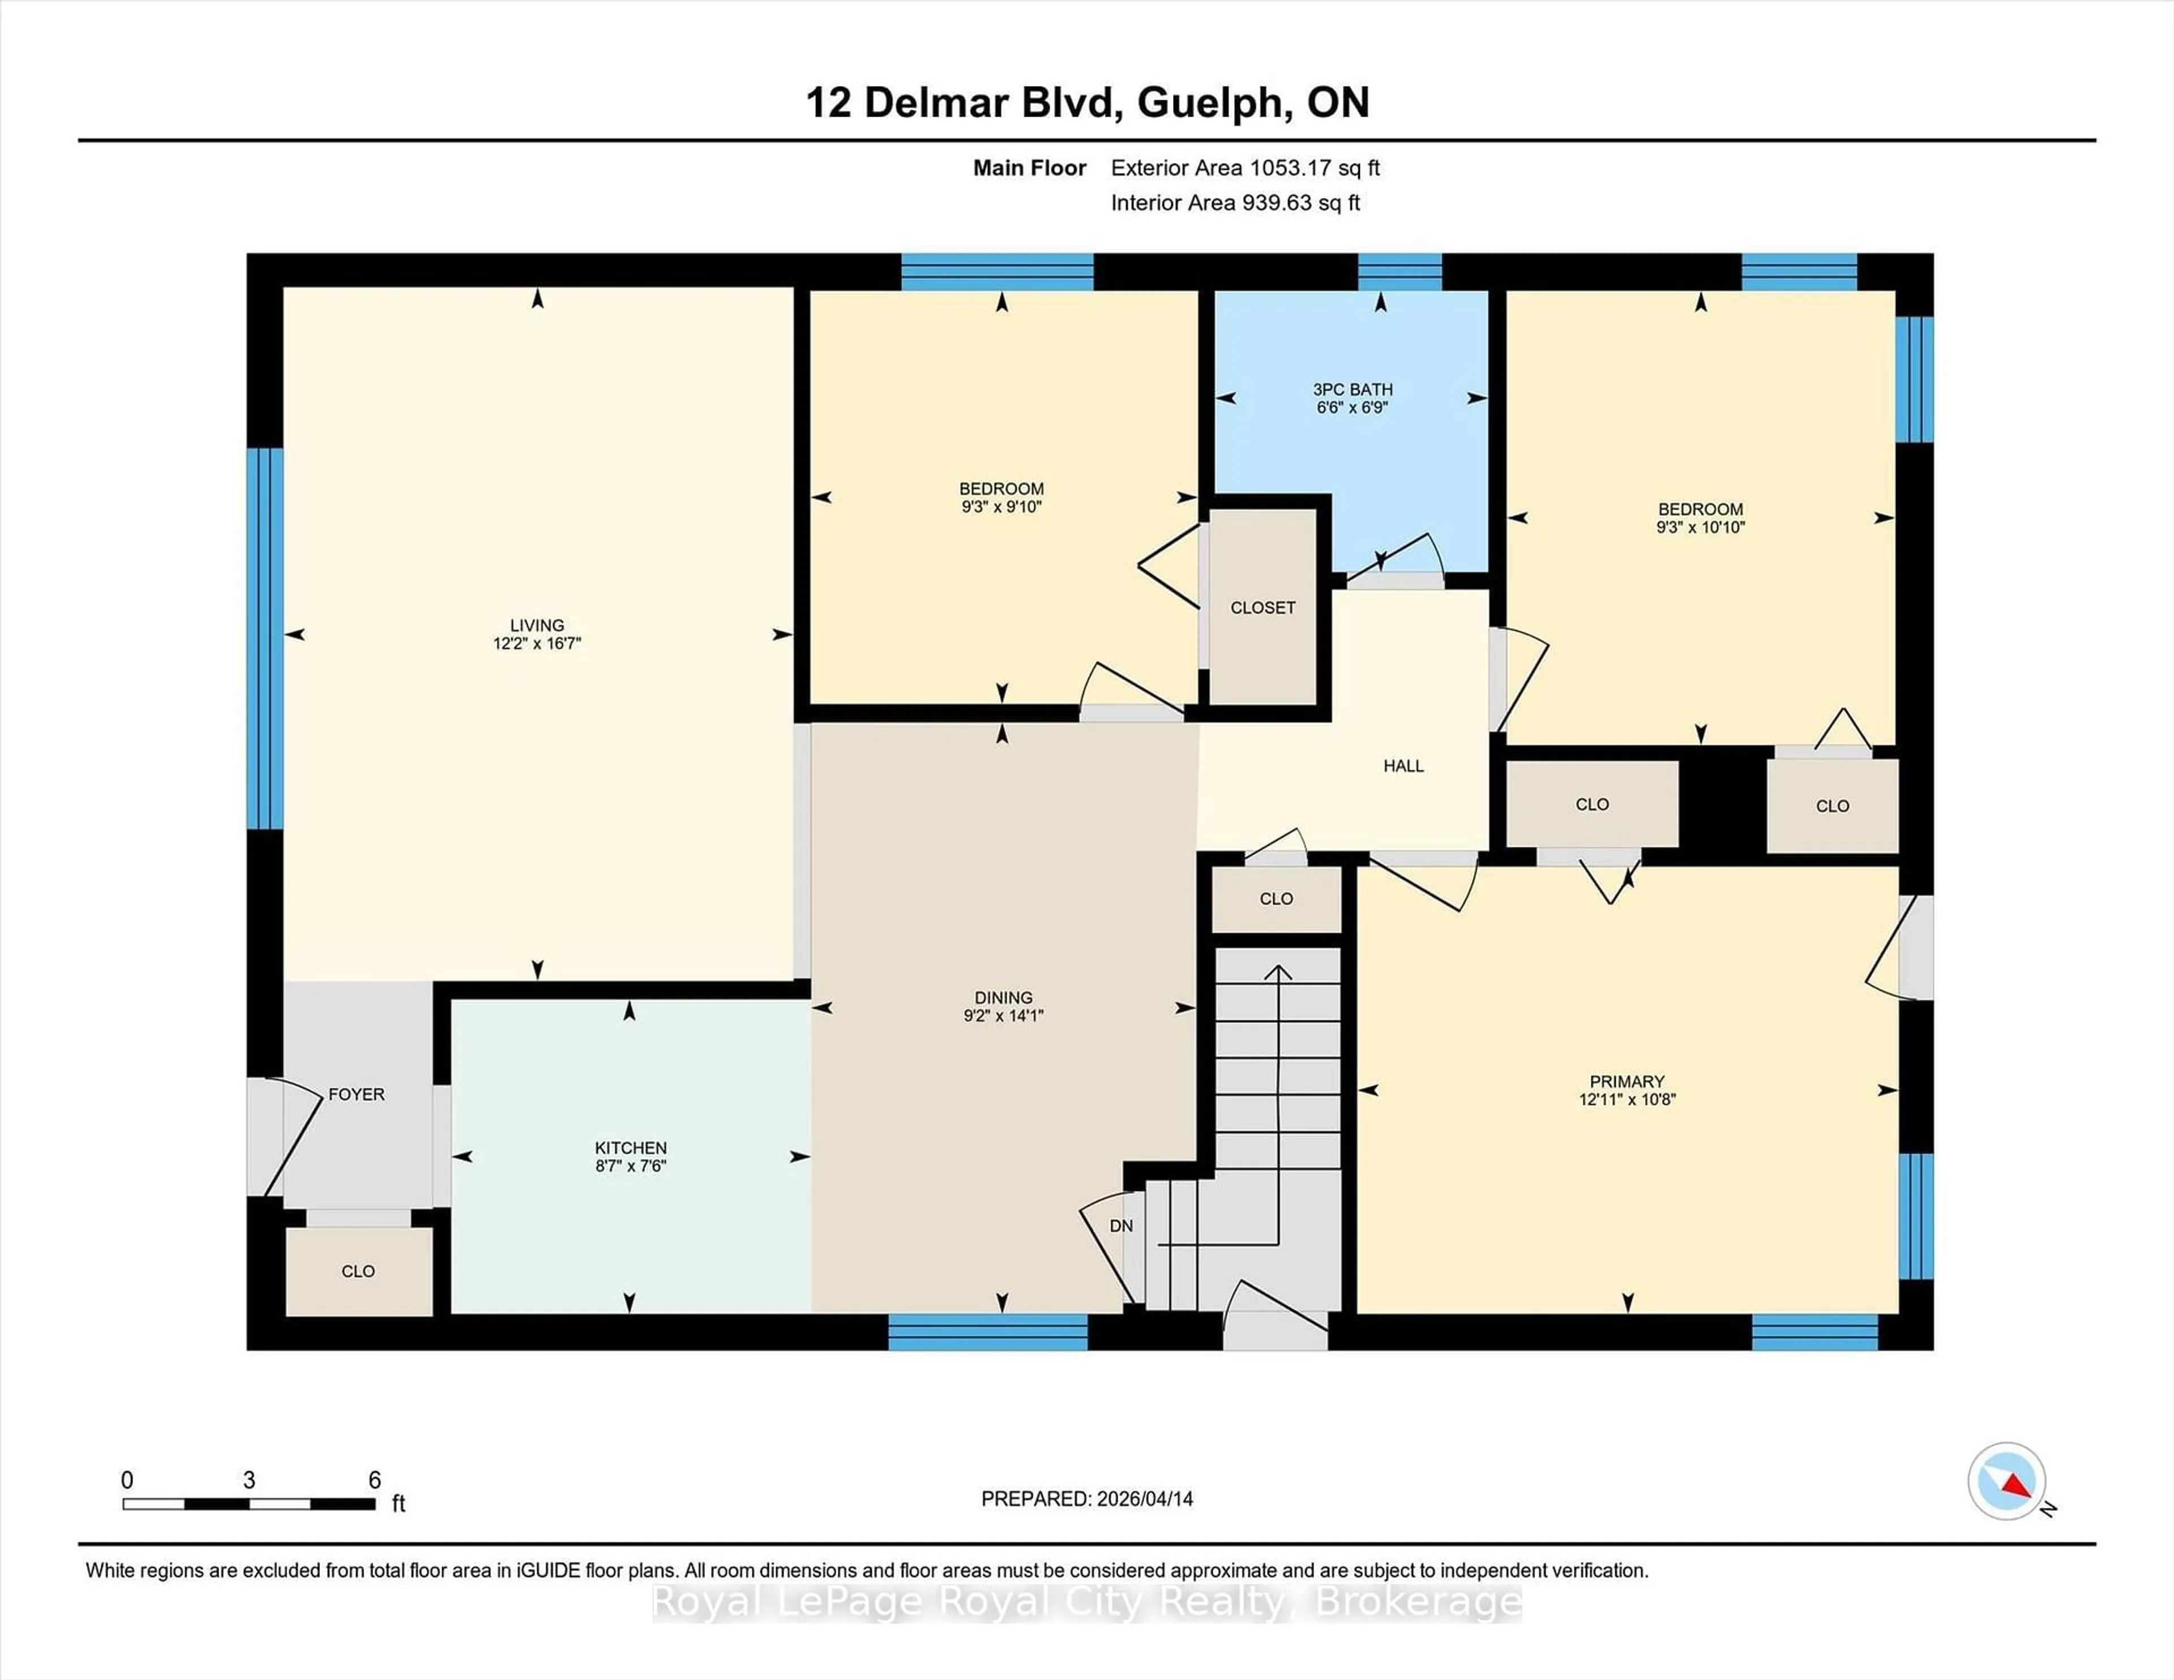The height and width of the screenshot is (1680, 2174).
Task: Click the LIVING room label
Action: [537, 625]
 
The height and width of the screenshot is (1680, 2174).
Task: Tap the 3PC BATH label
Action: [1352, 389]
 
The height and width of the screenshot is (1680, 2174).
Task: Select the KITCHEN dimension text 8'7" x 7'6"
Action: [630, 1165]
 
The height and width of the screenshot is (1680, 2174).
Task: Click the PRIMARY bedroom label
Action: [1627, 1081]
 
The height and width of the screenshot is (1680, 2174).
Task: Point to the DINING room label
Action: [1003, 997]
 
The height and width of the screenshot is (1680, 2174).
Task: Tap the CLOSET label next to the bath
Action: [1262, 607]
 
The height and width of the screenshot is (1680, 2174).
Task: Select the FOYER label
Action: [356, 1094]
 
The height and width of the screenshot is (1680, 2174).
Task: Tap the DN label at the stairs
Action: [1121, 1226]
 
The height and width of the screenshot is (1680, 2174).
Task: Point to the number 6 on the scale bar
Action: [374, 1480]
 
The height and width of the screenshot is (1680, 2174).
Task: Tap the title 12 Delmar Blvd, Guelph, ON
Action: [1087, 102]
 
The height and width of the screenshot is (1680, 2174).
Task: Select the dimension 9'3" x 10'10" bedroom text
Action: [1700, 528]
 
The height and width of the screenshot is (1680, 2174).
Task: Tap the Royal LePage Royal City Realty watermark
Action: [1087, 1602]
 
